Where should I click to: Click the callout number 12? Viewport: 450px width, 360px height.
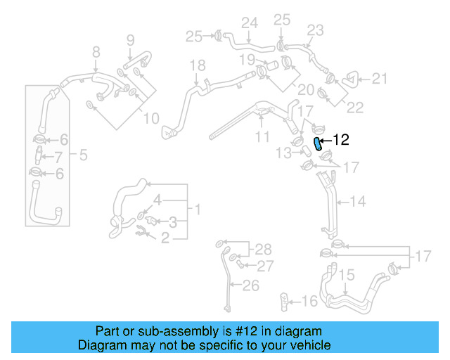340,140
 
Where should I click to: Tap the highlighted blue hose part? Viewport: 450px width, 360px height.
318,144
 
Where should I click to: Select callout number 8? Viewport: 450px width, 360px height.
96,51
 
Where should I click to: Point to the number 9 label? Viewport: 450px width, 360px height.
130,39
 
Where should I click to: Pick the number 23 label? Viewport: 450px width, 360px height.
314,30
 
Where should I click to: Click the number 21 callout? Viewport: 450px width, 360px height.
380,79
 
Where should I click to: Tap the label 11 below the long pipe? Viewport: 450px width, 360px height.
262,135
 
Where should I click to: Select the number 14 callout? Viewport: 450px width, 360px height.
358,202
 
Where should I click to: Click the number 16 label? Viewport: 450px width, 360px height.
310,302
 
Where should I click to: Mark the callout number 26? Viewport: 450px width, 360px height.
250,285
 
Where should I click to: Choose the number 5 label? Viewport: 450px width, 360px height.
83,155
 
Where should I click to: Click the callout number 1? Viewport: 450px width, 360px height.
198,210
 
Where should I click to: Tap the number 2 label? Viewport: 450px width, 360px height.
165,239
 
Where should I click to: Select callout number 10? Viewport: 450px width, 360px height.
151,119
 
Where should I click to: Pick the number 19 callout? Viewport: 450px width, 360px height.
245,59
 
